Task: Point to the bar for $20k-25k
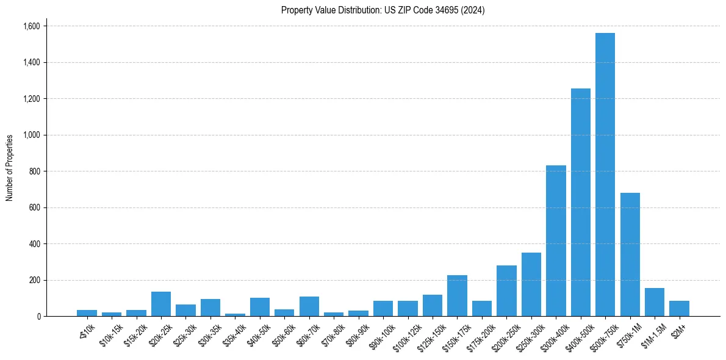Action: point(161,304)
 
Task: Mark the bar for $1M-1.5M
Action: point(654,302)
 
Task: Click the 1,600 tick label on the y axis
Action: point(31,26)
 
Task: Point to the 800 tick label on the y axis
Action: point(35,171)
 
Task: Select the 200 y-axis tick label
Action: point(35,280)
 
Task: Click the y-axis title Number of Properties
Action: point(10,168)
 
